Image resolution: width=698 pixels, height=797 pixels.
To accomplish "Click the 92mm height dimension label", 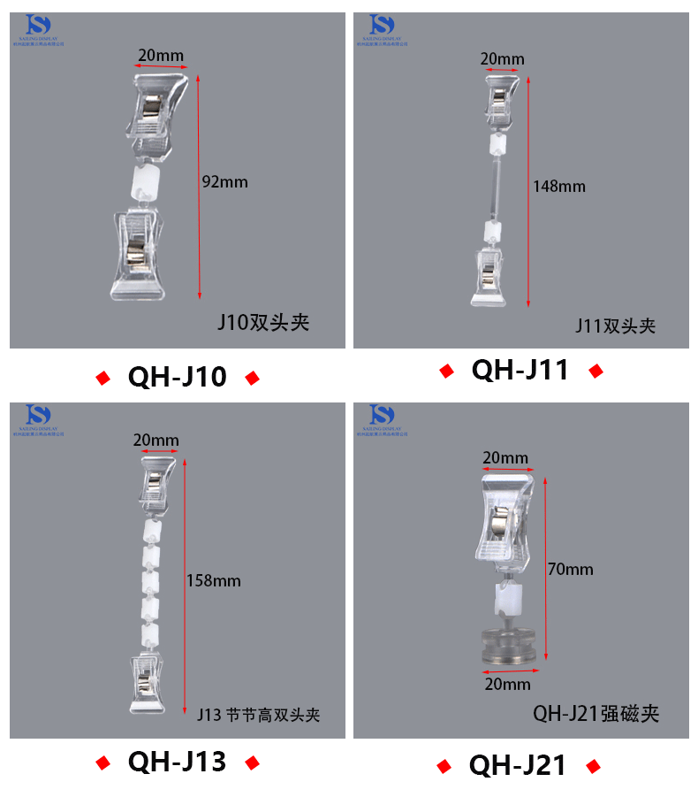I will (x=225, y=182).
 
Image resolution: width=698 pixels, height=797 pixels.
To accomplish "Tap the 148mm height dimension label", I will (x=558, y=186).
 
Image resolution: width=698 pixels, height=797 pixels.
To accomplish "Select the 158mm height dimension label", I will (x=213, y=580).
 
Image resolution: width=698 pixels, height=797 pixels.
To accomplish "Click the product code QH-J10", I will (x=178, y=378).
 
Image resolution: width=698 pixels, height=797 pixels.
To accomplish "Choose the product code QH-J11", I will (x=520, y=370).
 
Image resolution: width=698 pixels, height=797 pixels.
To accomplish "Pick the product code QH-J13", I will (x=177, y=761).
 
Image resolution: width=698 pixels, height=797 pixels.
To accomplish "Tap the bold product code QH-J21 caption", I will (x=518, y=765).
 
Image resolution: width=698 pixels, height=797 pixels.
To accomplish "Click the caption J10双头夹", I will (x=263, y=322).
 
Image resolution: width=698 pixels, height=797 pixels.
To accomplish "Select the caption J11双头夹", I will (x=616, y=326).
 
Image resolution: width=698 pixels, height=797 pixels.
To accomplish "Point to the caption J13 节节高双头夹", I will (x=258, y=715).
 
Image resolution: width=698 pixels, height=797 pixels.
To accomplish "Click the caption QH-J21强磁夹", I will (x=596, y=713).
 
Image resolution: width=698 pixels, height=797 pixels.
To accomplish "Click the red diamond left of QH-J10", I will (x=102, y=379).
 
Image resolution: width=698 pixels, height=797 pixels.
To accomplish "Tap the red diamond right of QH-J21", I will (x=593, y=766).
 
